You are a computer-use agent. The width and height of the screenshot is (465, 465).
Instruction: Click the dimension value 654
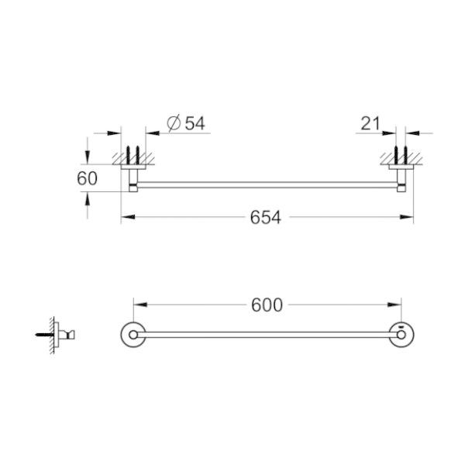[x=266, y=218]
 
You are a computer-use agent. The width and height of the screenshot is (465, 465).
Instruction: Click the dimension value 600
[x=267, y=305]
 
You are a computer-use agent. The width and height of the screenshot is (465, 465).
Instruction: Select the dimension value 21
[x=370, y=122]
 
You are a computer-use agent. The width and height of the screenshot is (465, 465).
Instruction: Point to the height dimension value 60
[x=88, y=178]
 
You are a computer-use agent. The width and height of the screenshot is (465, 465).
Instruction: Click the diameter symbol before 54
[x=173, y=122]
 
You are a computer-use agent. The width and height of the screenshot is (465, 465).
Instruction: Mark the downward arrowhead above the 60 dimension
[x=88, y=155]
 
